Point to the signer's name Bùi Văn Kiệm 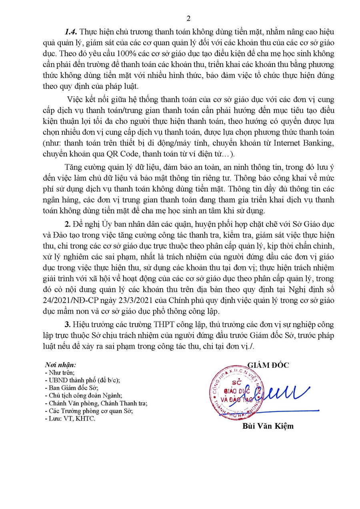[x=268, y=426]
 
